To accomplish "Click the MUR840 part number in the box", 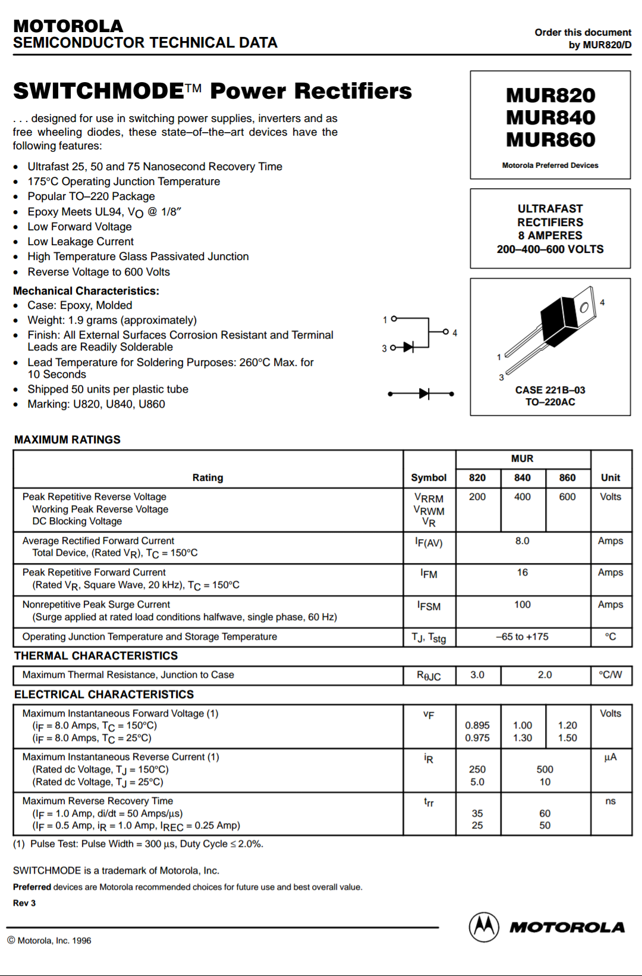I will coord(550,117).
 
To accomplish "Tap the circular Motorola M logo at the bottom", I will coord(484,927).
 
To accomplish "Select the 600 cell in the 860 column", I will coord(567,497).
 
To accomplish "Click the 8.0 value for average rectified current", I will coord(522,541).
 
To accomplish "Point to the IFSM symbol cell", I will coord(429,606).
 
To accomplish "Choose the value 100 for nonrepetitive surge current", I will coord(522,605).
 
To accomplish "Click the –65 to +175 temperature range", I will coord(522,637).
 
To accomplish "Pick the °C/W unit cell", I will coord(610,675).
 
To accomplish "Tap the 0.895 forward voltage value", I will coord(477,725).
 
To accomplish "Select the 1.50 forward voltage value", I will coord(567,738).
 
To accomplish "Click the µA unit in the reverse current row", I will coord(610,757).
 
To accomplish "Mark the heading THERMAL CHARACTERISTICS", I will coord(96,656).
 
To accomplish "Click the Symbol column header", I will coord(429,477).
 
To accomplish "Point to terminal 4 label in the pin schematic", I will coord(455,333).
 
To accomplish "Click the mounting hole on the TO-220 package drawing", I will coord(584,307).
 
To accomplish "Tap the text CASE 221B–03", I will coord(550,390).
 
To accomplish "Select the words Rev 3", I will coord(24,903).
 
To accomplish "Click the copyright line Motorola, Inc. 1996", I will coord(49,941).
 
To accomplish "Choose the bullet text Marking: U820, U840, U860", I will coord(96,404).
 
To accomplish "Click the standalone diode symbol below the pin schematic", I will coord(423,394).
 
